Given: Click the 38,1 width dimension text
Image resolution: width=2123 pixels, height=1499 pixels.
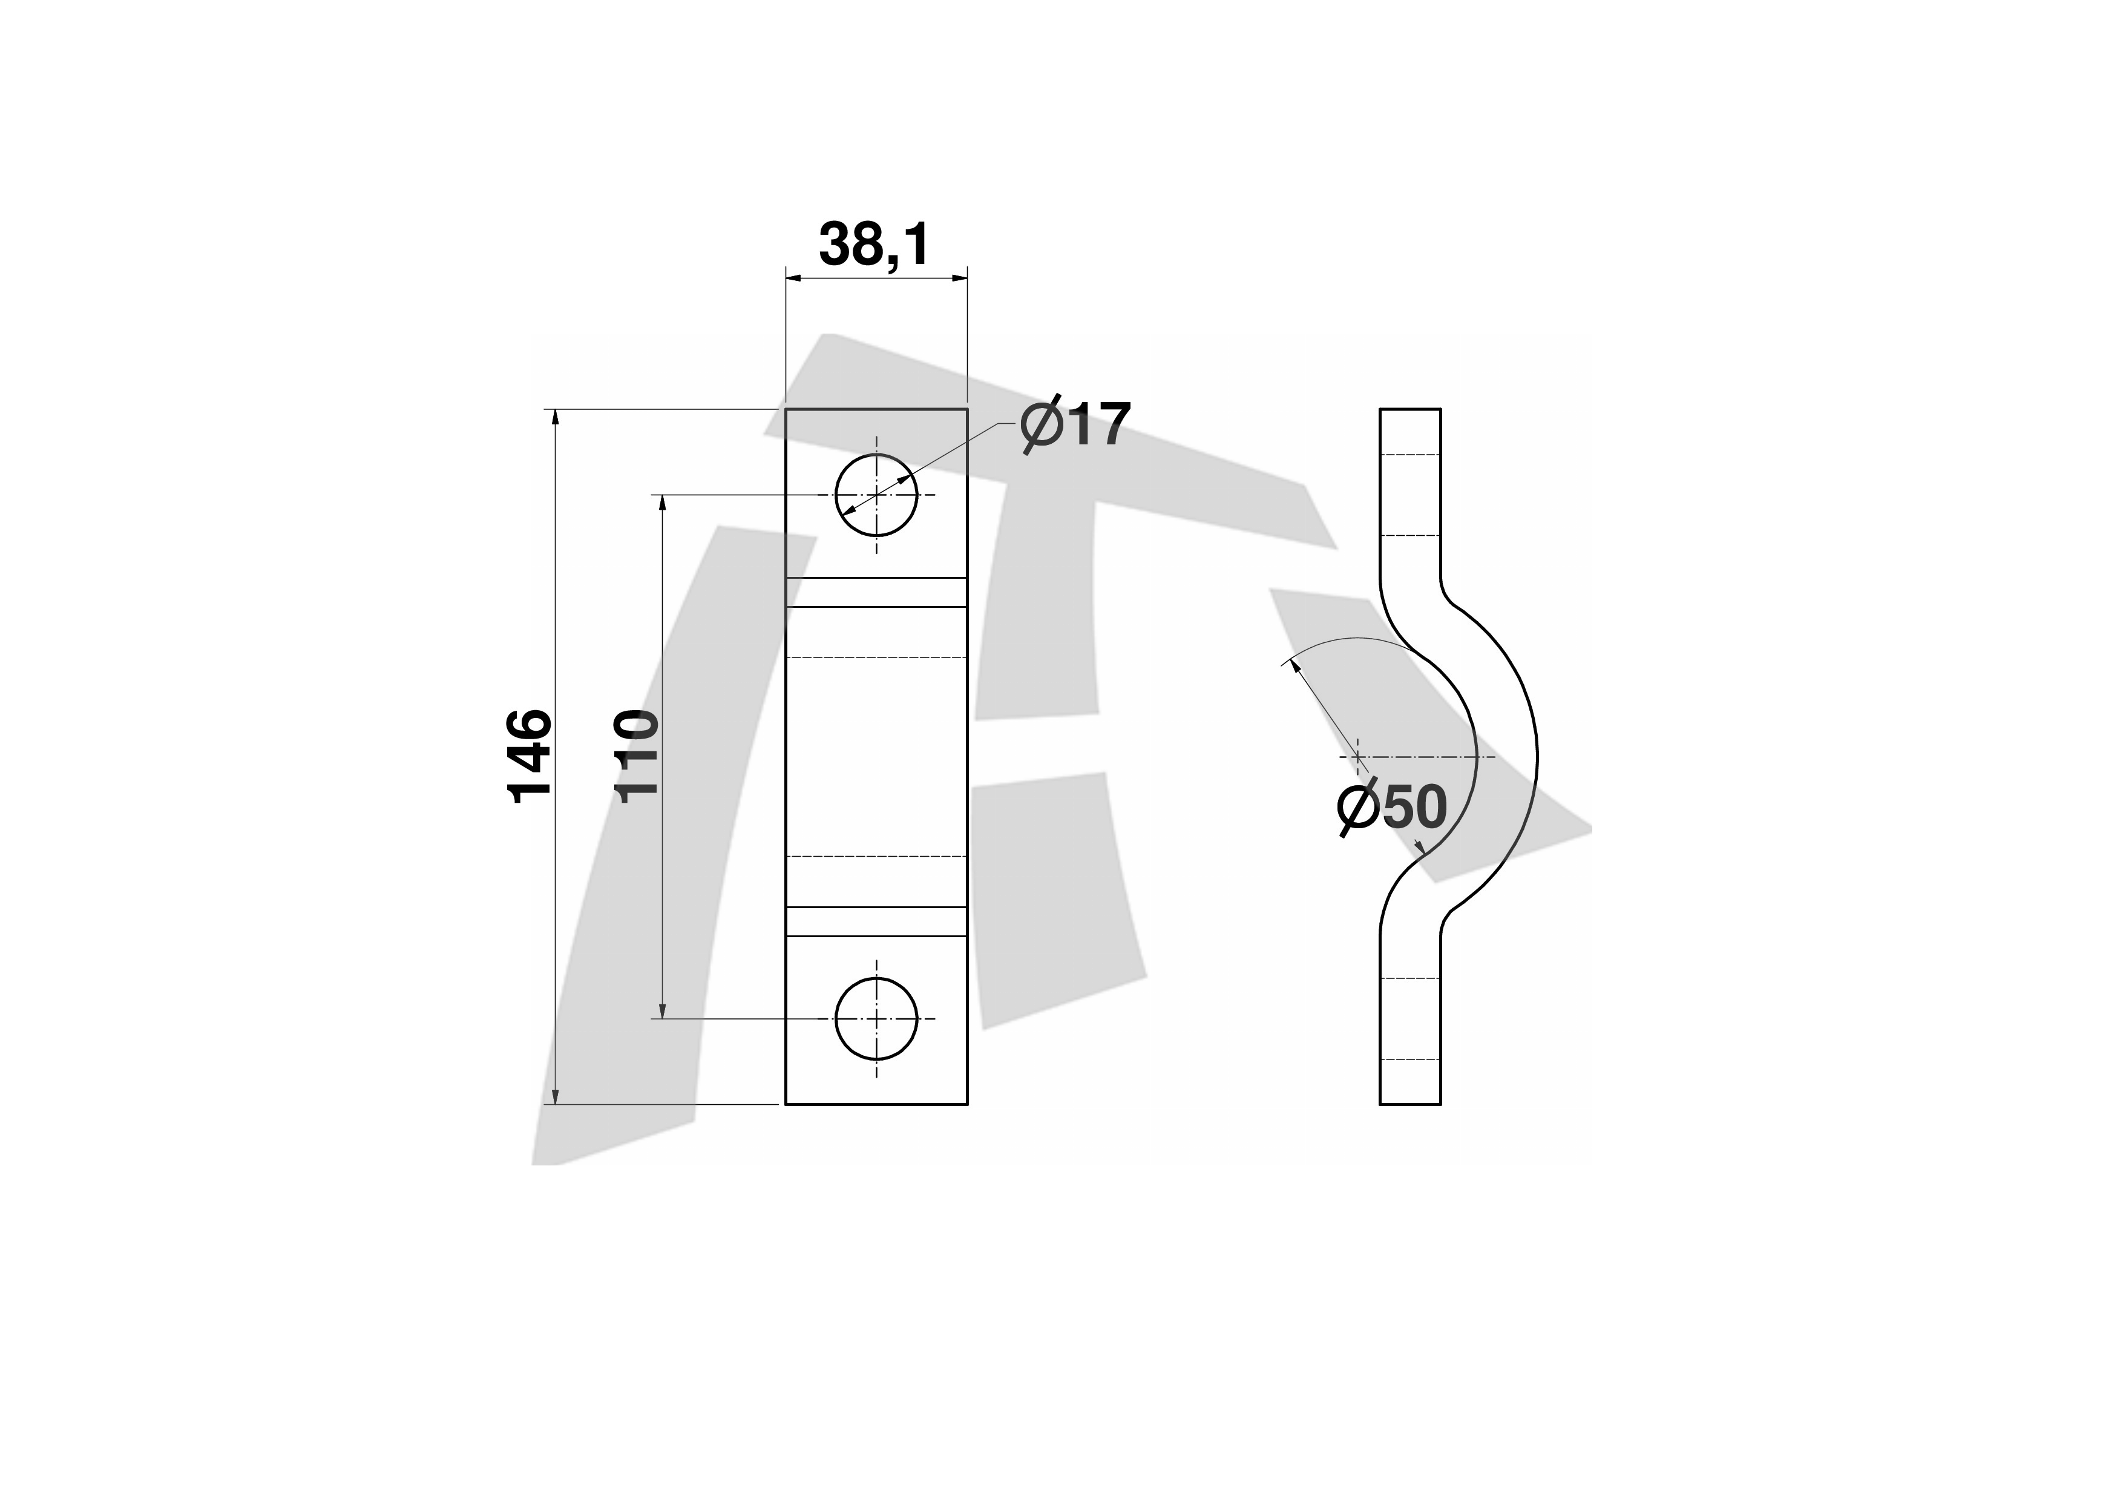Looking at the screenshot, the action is (x=874, y=245).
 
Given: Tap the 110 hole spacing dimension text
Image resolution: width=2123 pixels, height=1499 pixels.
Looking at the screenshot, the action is (x=637, y=756).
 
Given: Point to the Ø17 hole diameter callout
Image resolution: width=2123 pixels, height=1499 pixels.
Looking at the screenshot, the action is (x=1075, y=426).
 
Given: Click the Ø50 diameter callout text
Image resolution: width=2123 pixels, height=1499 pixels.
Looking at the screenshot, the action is (x=1391, y=807).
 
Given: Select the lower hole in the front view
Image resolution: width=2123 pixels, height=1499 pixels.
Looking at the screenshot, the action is (x=876, y=1019).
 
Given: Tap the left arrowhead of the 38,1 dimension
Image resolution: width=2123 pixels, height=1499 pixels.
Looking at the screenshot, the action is (x=794, y=277).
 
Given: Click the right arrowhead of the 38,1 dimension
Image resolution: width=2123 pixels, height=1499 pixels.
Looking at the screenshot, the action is (x=958, y=277).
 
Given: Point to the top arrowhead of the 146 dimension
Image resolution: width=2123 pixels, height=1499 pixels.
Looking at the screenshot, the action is (x=555, y=418).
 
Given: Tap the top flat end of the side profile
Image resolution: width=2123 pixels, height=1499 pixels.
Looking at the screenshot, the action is (x=1410, y=409).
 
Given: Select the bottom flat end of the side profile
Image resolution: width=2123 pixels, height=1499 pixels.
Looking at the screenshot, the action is (x=1410, y=1104).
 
